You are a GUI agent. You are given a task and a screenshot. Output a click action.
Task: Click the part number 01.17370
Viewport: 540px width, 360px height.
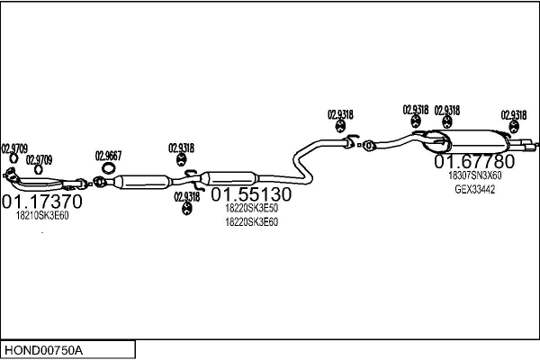42,202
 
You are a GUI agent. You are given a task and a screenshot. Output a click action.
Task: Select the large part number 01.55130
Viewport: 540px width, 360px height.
251,194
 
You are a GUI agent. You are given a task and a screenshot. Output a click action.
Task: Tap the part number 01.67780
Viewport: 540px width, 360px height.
474,161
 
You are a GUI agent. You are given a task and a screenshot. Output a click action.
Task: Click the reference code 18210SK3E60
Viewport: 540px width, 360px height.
42,216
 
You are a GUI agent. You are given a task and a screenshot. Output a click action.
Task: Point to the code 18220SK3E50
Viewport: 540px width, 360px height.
251,209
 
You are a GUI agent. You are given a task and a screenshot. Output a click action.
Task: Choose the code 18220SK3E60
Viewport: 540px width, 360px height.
251,222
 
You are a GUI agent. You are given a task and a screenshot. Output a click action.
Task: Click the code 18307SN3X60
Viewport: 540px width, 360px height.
474,175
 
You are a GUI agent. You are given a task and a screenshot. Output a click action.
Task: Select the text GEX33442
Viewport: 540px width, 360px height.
474,190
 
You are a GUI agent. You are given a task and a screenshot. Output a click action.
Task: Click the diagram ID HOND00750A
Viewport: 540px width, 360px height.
43,351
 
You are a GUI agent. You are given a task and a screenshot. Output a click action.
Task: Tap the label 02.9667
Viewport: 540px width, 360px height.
108,156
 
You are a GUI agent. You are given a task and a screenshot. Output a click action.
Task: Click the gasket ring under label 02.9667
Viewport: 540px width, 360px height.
109,168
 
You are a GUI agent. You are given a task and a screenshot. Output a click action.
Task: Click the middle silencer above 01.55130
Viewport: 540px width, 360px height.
229,178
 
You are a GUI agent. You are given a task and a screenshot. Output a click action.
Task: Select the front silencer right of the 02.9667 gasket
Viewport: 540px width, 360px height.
142,182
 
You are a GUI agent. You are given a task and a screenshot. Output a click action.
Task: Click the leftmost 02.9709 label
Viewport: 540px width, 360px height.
14,148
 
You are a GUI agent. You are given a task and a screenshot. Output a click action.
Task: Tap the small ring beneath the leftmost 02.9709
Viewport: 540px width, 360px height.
13,158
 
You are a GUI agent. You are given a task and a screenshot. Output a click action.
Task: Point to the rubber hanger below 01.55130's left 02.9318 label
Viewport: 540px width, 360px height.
186,208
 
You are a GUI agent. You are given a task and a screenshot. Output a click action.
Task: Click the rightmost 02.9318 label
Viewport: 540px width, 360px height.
514,114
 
